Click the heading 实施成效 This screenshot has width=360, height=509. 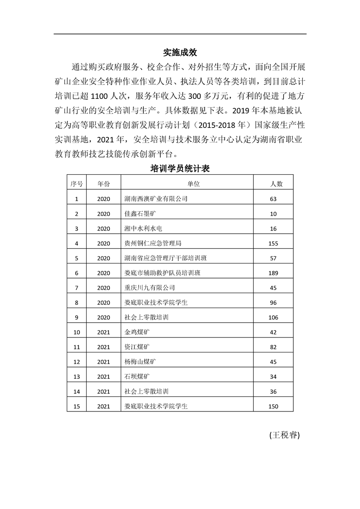pyautogui.click(x=180, y=52)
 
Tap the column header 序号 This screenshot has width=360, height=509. pyautogui.click(x=77, y=184)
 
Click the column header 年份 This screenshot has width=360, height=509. pyautogui.click(x=104, y=184)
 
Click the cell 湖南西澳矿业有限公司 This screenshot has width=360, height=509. pyautogui.click(x=156, y=199)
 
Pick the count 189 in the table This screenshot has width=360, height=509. pyautogui.click(x=273, y=273)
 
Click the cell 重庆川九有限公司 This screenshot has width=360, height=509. pyautogui.click(x=149, y=288)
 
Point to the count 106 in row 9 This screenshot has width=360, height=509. pyautogui.click(x=273, y=318)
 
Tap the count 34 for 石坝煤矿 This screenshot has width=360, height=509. pyautogui.click(x=273, y=377)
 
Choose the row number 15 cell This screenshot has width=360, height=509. pyautogui.click(x=77, y=406)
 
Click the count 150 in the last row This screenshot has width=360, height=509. pyautogui.click(x=273, y=406)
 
